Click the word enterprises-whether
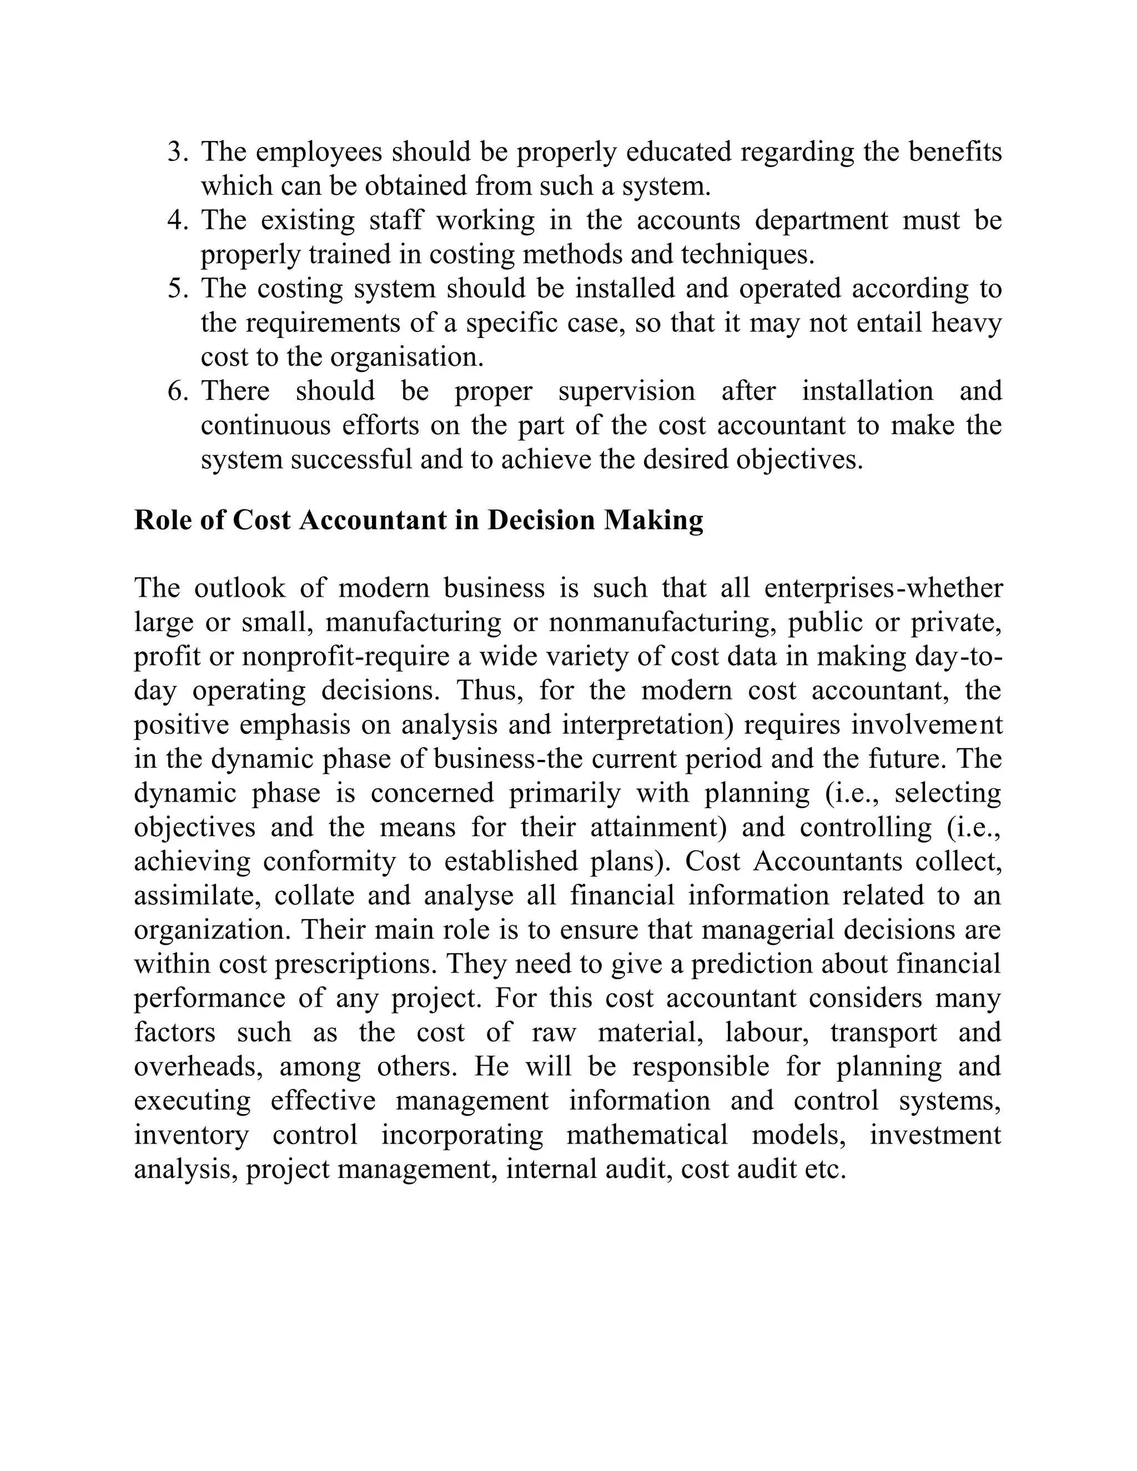pyautogui.click(x=884, y=588)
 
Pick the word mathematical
pyautogui.click(x=647, y=1136)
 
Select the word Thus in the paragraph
pyautogui.click(x=490, y=691)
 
